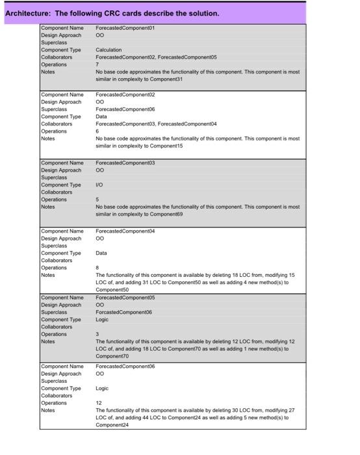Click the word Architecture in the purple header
click(27, 13)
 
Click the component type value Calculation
click(109, 49)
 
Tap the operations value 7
click(97, 64)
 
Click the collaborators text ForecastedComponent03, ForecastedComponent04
click(156, 123)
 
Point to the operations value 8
click(97, 267)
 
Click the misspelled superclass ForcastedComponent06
click(124, 312)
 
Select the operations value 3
click(97, 334)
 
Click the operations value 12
click(99, 403)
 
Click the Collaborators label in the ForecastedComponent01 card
click(57, 57)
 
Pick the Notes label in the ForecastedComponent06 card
click(48, 410)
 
